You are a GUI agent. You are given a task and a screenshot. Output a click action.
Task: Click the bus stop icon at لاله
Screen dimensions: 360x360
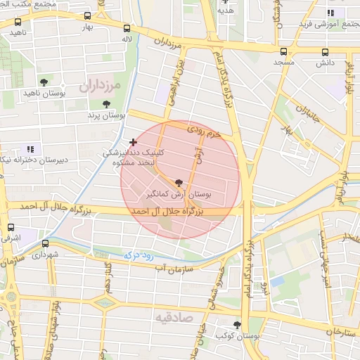(127, 29)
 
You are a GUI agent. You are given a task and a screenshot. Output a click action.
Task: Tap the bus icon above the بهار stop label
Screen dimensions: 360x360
(87, 16)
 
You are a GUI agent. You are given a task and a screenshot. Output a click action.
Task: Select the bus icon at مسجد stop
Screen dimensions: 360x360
(283, 51)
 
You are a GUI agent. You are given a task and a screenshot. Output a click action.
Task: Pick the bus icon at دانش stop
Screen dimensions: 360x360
(324, 51)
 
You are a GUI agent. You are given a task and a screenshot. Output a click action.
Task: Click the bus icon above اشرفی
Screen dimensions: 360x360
(11, 227)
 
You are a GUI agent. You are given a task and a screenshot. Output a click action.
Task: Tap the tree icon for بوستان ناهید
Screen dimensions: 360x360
(45, 82)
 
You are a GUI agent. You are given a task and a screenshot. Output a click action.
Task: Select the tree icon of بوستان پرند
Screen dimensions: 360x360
(106, 104)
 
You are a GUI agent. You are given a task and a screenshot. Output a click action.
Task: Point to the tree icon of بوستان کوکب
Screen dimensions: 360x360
(237, 325)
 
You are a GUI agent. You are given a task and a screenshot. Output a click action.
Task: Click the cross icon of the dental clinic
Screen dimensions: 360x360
(133, 142)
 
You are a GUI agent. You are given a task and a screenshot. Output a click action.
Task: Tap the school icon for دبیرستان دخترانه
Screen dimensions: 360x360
(30, 149)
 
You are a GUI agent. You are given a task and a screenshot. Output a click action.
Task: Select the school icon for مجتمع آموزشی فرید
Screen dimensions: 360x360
(331, 12)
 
